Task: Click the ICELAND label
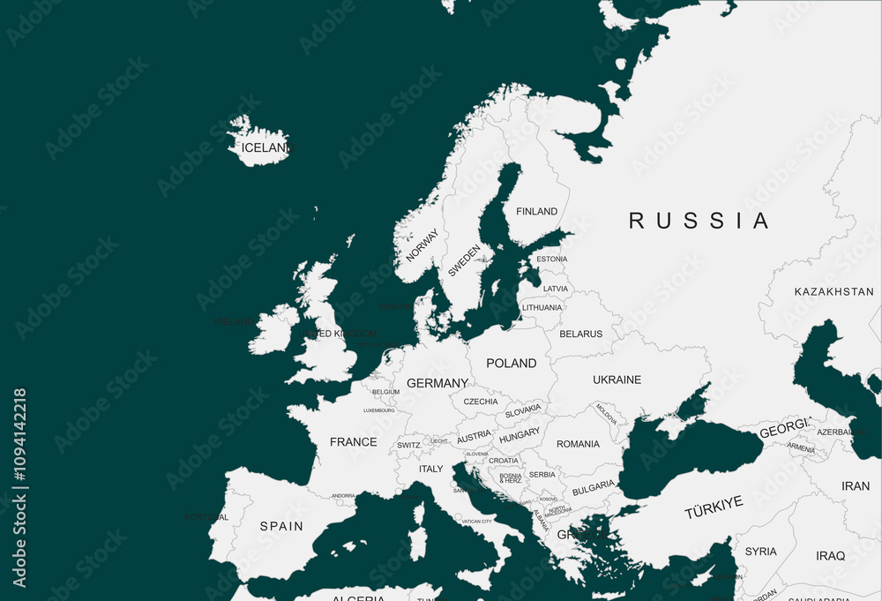265,147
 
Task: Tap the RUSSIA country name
699,221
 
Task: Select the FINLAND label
536,211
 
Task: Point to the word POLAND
511,363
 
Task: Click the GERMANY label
437,383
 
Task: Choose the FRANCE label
353,441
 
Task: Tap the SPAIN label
280,526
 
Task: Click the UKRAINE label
617,379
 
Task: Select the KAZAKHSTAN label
833,291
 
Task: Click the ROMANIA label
578,444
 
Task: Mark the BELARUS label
580,334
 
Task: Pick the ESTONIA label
552,259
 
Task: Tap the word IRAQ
830,556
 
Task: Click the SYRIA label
760,552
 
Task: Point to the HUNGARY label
519,435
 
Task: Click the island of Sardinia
417,544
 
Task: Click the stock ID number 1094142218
19,488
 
